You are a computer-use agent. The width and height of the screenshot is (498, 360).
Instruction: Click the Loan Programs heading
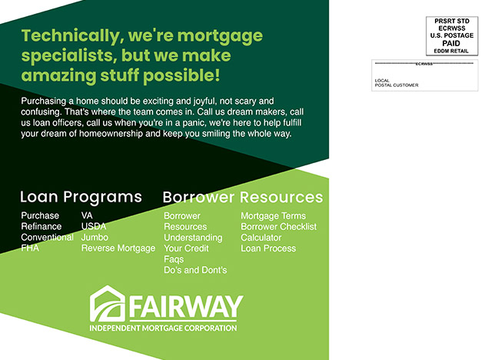pyautogui.click(x=81, y=197)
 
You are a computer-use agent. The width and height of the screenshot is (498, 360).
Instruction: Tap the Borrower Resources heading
pyautogui.click(x=243, y=197)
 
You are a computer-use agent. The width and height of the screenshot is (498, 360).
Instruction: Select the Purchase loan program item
pyautogui.click(x=40, y=215)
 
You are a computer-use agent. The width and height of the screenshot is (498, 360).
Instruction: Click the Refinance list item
pyautogui.click(x=41, y=226)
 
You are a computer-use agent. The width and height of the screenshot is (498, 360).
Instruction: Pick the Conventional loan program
pyautogui.click(x=48, y=237)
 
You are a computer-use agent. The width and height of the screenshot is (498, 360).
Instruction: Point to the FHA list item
pyautogui.click(x=30, y=248)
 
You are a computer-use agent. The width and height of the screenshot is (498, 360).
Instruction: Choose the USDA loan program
pyautogui.click(x=94, y=226)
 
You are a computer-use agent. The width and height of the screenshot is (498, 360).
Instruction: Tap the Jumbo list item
pyautogui.click(x=95, y=237)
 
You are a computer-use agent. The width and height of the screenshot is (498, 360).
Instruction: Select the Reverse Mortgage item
pyautogui.click(x=118, y=248)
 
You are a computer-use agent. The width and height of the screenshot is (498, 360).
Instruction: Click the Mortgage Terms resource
pyautogui.click(x=274, y=216)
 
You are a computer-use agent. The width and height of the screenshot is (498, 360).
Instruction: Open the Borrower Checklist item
pyautogui.click(x=279, y=227)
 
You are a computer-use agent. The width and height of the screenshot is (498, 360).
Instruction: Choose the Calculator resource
pyautogui.click(x=261, y=238)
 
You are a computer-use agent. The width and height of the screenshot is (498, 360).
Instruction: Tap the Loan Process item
pyautogui.click(x=268, y=248)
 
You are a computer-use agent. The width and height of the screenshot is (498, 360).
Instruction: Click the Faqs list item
pyautogui.click(x=174, y=259)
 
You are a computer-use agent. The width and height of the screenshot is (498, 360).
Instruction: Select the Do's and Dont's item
pyautogui.click(x=196, y=270)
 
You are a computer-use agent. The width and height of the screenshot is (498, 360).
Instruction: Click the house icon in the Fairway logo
pyautogui.click(x=108, y=304)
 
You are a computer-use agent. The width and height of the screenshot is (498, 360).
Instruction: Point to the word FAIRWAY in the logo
pyautogui.click(x=186, y=307)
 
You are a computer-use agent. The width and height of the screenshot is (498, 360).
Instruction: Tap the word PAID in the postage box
pyautogui.click(x=451, y=43)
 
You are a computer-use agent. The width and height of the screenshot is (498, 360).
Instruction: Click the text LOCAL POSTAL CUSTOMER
pyautogui.click(x=397, y=82)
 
